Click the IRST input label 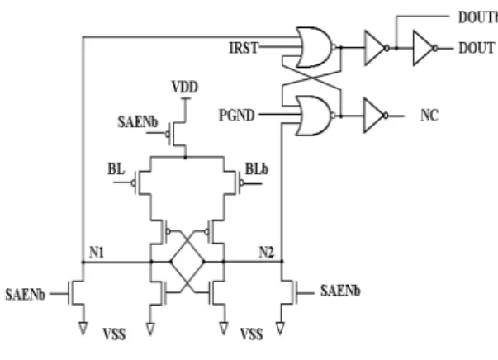[244, 48]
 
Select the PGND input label [237, 115]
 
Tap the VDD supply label [185, 87]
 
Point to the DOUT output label [477, 48]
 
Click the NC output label [429, 116]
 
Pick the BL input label [116, 169]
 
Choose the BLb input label [257, 169]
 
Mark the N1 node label [97, 253]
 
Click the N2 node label [267, 253]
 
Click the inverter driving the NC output [376, 116]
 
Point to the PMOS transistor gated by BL [142, 182]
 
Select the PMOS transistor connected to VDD [177, 134]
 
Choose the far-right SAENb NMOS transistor [289, 292]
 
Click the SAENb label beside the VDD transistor [138, 122]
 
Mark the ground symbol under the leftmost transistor [83, 329]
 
